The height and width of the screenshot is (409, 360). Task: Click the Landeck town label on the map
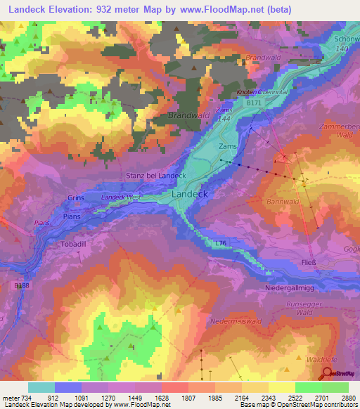tap(188, 193)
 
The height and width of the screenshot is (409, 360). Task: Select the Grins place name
tap(76, 198)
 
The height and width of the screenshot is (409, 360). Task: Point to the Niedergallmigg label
tap(297, 287)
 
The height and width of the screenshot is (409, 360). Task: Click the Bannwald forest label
tap(284, 202)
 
